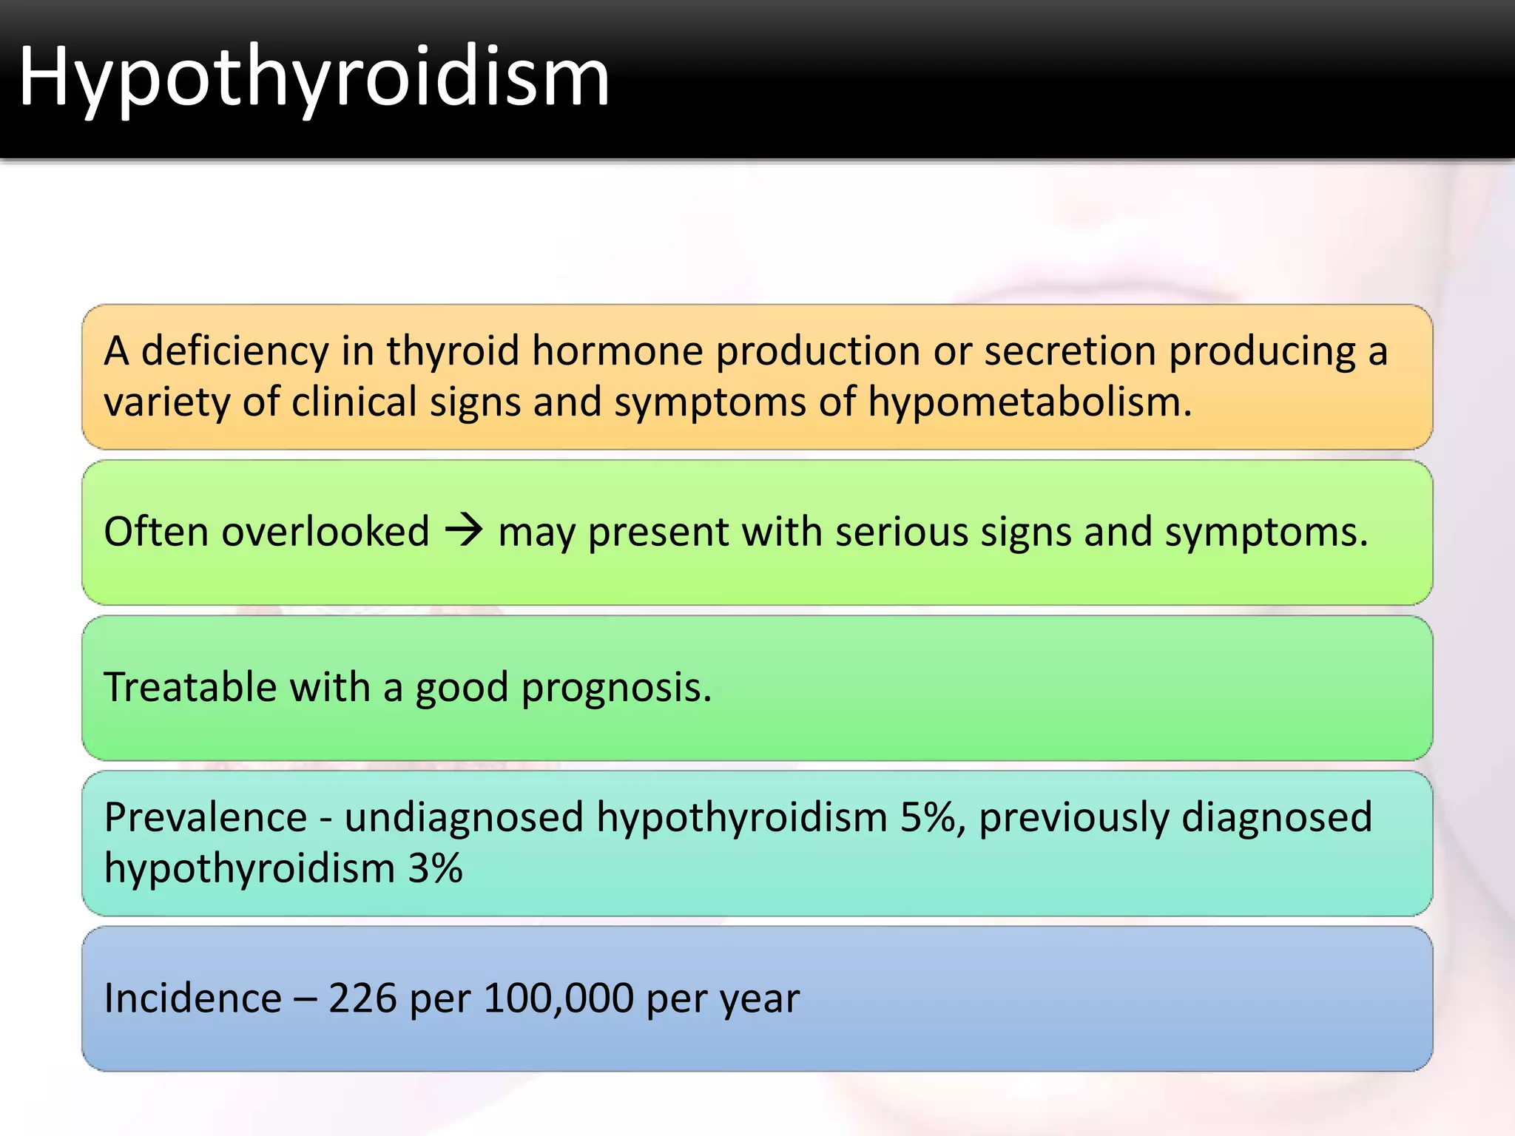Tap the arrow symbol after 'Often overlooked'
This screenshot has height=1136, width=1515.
(464, 531)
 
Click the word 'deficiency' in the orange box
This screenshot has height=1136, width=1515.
(234, 351)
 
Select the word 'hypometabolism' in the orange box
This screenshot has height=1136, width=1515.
(1028, 403)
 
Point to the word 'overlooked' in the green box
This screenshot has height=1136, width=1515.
(325, 532)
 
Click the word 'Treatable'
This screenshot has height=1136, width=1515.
(190, 687)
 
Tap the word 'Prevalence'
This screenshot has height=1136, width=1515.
(206, 817)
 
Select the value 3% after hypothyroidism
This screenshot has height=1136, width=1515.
(435, 868)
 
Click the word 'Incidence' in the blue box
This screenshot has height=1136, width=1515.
(192, 998)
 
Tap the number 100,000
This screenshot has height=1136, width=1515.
(559, 998)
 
